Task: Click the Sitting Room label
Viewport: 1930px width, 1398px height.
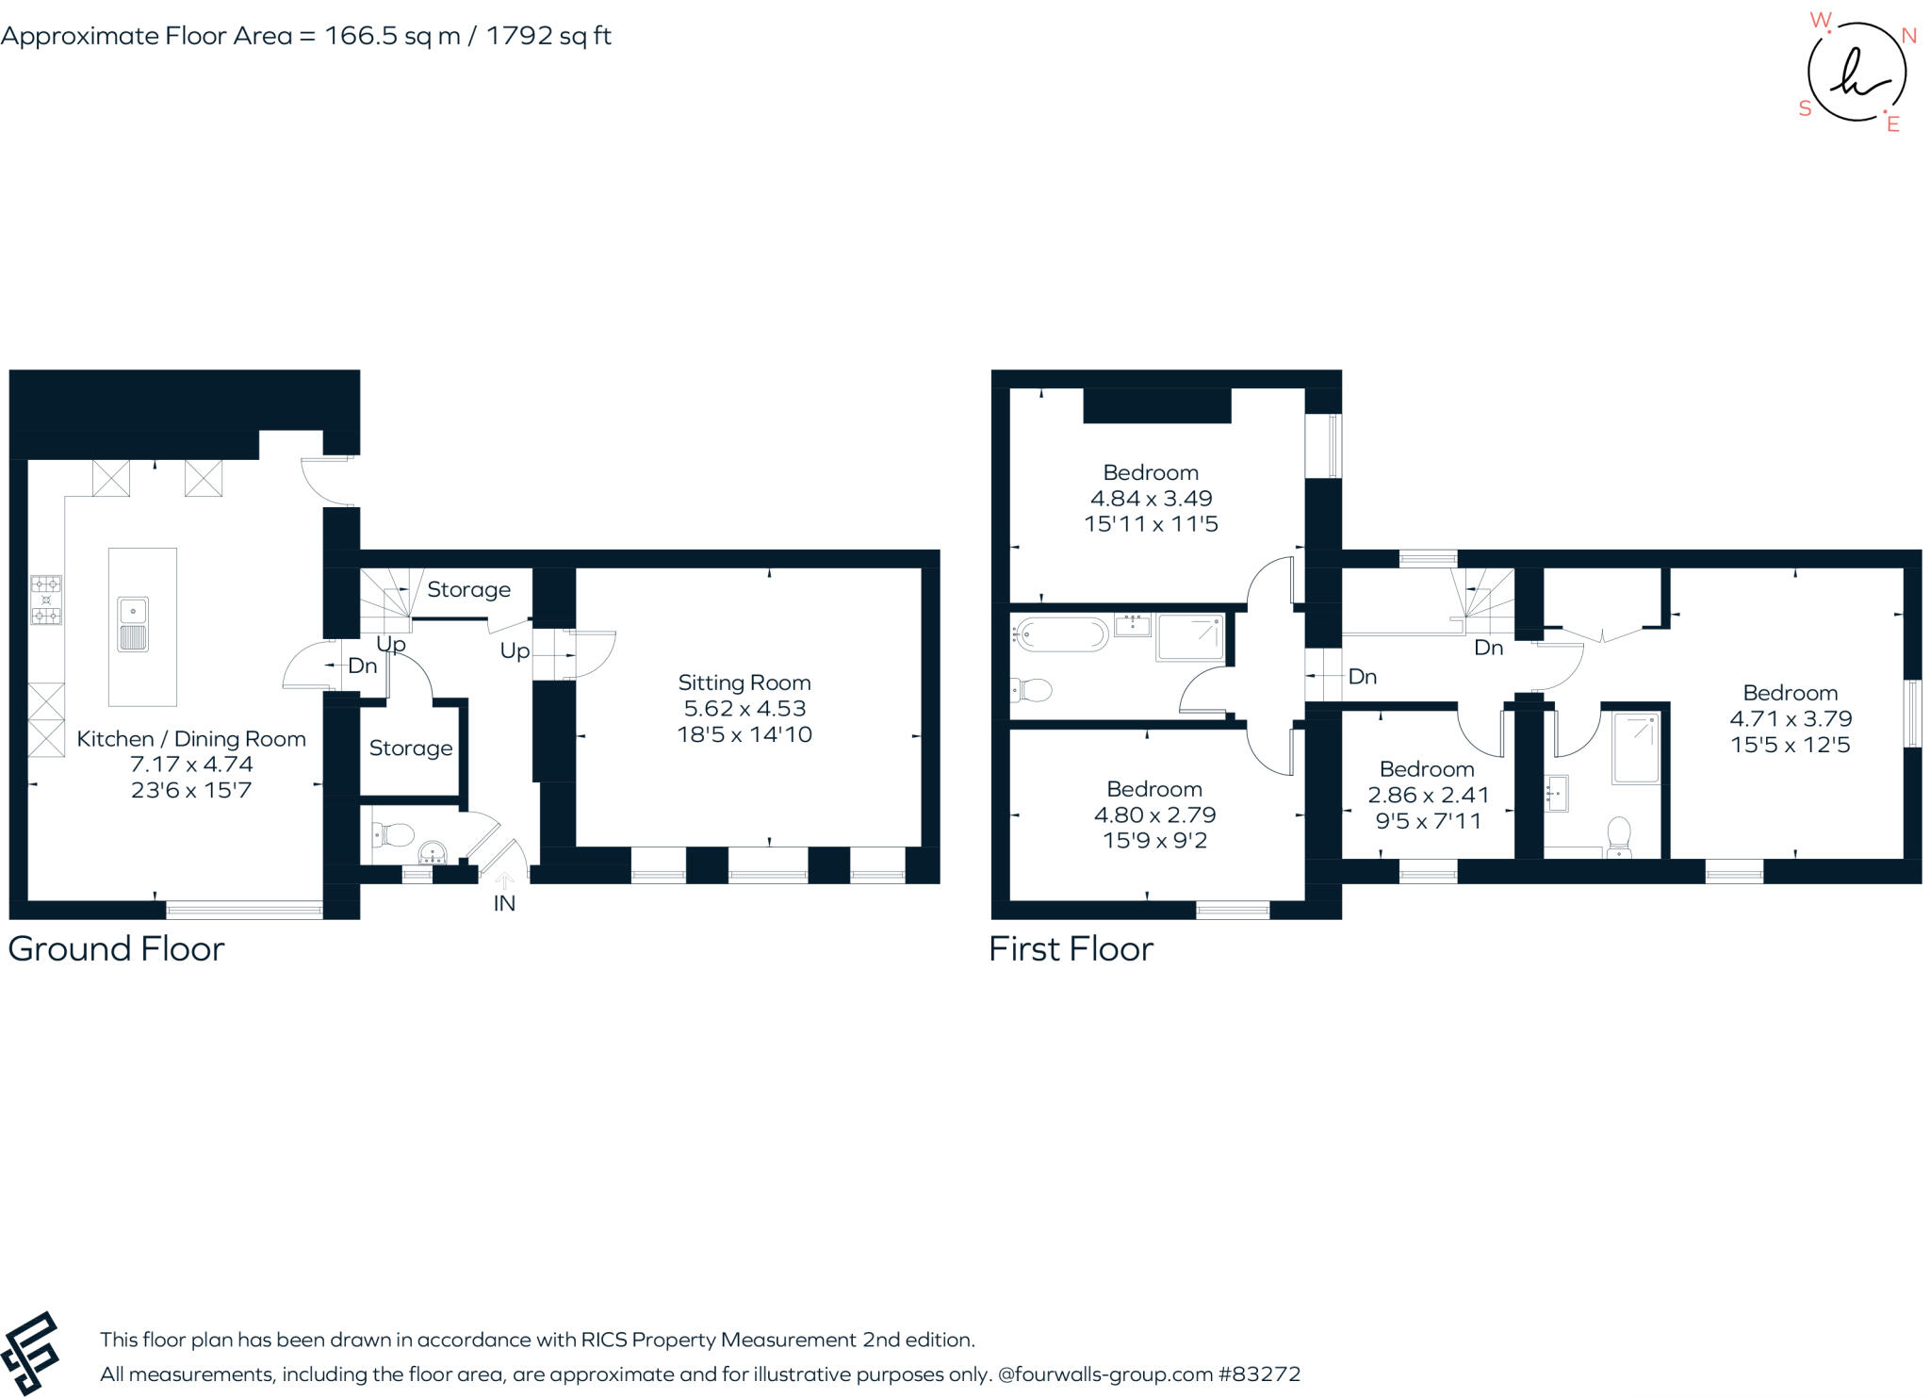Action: point(744,683)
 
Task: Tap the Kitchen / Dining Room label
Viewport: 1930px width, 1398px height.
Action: point(191,739)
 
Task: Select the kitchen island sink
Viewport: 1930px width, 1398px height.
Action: point(133,624)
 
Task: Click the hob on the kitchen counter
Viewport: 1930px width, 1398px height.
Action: point(46,600)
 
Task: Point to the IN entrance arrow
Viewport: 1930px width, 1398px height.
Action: point(504,880)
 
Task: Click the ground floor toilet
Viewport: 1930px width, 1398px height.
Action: point(394,834)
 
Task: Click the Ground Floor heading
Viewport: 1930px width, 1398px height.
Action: point(116,948)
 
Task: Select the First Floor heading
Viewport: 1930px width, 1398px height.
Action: point(1071,948)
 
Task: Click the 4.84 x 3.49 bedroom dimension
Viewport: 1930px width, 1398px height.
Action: point(1151,498)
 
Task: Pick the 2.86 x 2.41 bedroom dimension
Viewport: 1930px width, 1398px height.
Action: point(1428,795)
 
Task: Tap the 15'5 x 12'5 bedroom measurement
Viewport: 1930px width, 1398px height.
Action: point(1790,745)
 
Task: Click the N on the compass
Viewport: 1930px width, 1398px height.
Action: point(1909,36)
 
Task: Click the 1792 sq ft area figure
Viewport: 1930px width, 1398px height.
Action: point(548,36)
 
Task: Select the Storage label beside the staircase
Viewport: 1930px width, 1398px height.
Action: point(468,589)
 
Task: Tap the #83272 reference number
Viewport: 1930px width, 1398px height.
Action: point(1259,1373)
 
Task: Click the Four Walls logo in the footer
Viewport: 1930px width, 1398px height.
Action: point(30,1353)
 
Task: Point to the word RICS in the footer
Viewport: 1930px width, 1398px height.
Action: point(604,1340)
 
